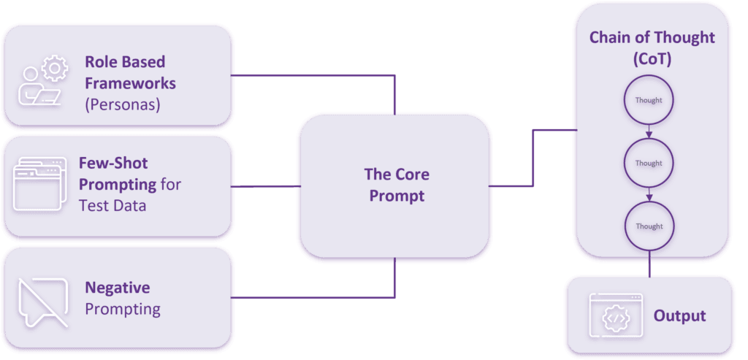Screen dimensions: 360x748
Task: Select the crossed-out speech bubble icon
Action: point(42,301)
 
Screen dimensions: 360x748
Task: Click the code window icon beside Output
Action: point(615,316)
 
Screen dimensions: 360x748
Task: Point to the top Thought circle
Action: point(649,101)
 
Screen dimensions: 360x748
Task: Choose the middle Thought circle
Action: point(649,164)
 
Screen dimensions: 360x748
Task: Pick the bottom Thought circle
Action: point(649,226)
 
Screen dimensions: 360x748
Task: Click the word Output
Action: point(679,316)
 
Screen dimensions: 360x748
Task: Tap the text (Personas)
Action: point(122,104)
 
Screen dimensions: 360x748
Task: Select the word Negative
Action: point(117,288)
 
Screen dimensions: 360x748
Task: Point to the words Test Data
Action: point(112,205)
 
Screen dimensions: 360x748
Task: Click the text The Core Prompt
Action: point(397,185)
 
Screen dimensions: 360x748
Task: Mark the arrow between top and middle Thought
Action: point(649,132)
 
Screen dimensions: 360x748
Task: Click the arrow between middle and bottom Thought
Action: point(649,195)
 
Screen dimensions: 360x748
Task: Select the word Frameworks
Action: point(130,83)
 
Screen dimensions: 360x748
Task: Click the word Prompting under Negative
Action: point(123,309)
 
